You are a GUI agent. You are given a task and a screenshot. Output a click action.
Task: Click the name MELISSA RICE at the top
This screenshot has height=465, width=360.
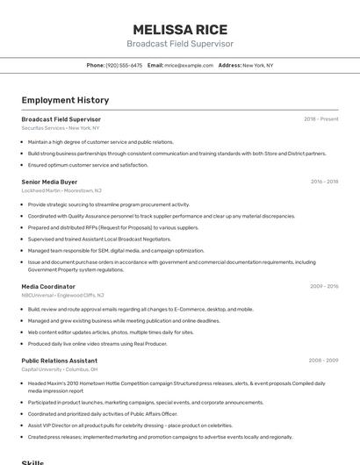(179, 28)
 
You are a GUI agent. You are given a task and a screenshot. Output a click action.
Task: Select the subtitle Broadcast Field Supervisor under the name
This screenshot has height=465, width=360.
(179, 43)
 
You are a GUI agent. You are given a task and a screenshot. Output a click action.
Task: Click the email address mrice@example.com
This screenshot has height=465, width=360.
(188, 65)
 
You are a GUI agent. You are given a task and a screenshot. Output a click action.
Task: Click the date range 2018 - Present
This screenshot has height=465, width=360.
(320, 118)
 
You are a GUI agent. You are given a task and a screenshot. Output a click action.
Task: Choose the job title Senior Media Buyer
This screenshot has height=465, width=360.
(49, 182)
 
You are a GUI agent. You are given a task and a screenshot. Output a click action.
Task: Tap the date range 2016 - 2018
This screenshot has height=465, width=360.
(324, 182)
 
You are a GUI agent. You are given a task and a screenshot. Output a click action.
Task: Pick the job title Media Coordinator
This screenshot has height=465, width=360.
(48, 286)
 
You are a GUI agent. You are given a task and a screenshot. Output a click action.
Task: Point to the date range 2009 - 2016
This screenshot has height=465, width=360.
(324, 286)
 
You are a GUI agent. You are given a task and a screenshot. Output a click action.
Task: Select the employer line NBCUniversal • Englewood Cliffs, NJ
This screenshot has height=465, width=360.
(63, 295)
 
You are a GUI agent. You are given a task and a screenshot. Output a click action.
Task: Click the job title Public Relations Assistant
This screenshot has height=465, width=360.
(59, 360)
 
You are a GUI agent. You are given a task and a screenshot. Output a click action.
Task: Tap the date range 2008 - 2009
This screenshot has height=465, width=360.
(324, 360)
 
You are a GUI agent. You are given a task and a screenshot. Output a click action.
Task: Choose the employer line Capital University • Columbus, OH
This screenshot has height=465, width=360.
(60, 369)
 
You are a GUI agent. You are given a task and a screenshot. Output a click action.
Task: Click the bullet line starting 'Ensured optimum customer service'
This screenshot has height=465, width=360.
(88, 165)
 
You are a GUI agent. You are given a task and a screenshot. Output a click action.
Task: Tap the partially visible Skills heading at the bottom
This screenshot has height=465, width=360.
(32, 461)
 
